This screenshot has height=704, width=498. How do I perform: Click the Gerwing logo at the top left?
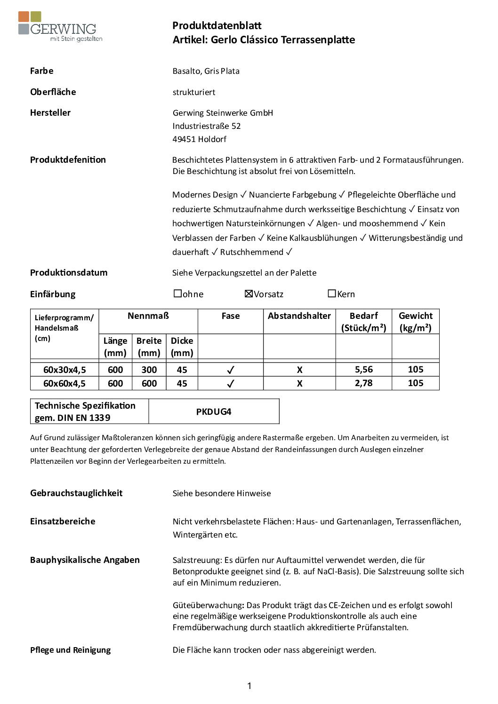pyautogui.click(x=60, y=27)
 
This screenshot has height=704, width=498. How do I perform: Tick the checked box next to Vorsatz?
pyautogui.click(x=249, y=294)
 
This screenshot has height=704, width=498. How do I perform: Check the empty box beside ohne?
pyautogui.click(x=177, y=293)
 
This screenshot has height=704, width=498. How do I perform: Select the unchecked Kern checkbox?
pyautogui.click(x=332, y=293)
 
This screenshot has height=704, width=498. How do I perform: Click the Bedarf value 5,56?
pyautogui.click(x=364, y=370)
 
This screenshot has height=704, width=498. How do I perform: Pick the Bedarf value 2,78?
pyautogui.click(x=364, y=383)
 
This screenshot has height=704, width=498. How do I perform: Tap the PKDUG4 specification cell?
pyautogui.click(x=214, y=411)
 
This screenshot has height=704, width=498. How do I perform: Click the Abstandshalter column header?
pyautogui.click(x=299, y=316)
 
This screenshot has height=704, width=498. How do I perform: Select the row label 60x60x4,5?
pyautogui.click(x=64, y=383)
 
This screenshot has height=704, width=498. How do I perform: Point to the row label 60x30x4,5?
pyautogui.click(x=64, y=370)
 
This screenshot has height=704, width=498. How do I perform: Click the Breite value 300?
pyautogui.click(x=149, y=370)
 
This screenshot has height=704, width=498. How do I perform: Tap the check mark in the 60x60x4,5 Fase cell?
pyautogui.click(x=231, y=384)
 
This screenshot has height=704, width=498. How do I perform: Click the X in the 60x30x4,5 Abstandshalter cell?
pyautogui.click(x=300, y=370)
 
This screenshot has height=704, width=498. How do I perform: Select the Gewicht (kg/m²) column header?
pyautogui.click(x=416, y=322)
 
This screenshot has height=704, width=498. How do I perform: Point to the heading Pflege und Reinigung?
pyautogui.click(x=71, y=650)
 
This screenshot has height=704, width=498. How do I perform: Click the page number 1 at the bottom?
pyautogui.click(x=249, y=686)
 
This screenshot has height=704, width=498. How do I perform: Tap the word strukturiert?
pyautogui.click(x=194, y=92)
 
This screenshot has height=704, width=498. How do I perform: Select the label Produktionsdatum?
pyautogui.click(x=69, y=273)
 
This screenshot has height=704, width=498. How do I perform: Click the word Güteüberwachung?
pyautogui.click(x=208, y=605)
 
